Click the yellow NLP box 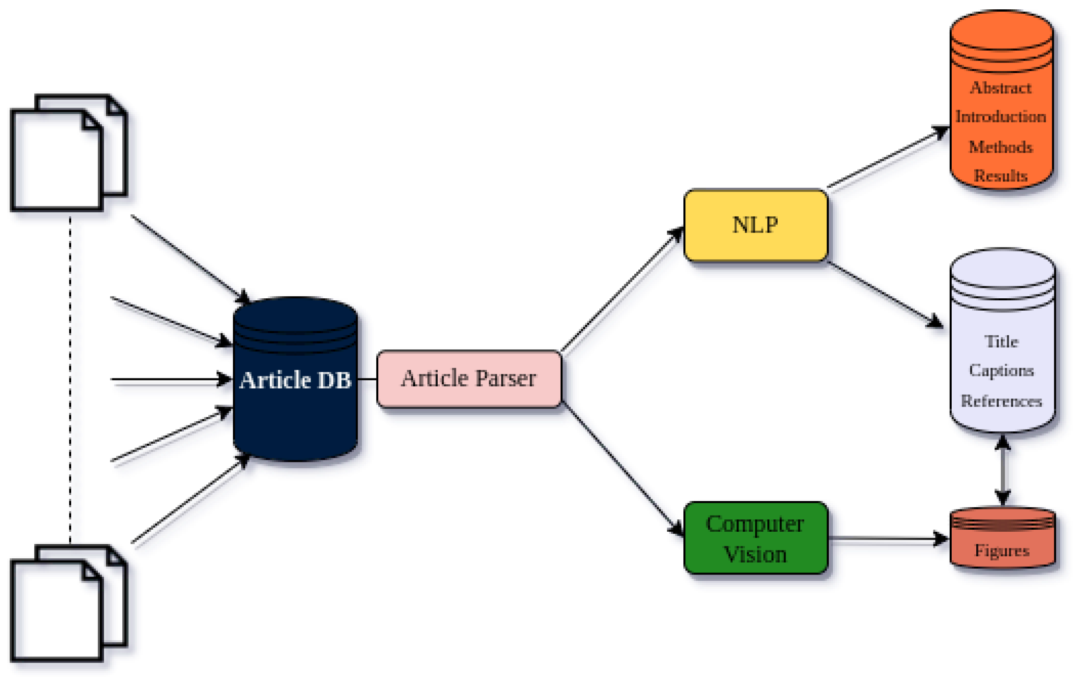click(755, 226)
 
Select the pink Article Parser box click(468, 379)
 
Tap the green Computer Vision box click(755, 539)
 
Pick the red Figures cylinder click(1002, 545)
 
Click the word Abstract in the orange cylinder click(1000, 88)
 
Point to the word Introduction click(1000, 117)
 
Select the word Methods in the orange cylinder click(1000, 147)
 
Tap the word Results click(1000, 175)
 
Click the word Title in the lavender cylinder click(1001, 341)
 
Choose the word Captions click(1001, 370)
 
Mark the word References click(1001, 401)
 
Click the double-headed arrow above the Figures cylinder click(1002, 471)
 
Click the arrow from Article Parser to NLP click(622, 290)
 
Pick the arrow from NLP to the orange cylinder click(887, 158)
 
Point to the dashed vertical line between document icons click(70, 378)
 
